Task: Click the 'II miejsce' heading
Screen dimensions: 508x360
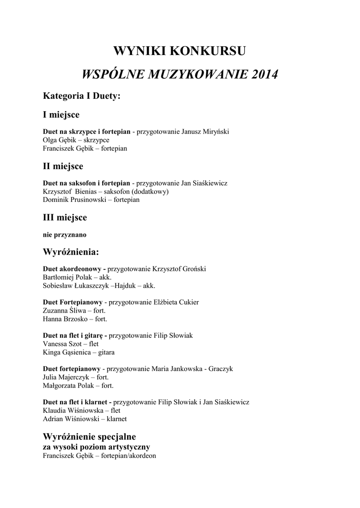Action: (63, 166)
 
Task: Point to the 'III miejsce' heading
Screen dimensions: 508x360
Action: (65, 217)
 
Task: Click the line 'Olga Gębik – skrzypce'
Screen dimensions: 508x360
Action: (76, 140)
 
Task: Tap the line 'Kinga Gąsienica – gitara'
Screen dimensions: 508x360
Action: (78, 353)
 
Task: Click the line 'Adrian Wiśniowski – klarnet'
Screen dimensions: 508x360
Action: (84, 419)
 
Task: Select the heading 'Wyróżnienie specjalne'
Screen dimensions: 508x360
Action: (89, 437)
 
